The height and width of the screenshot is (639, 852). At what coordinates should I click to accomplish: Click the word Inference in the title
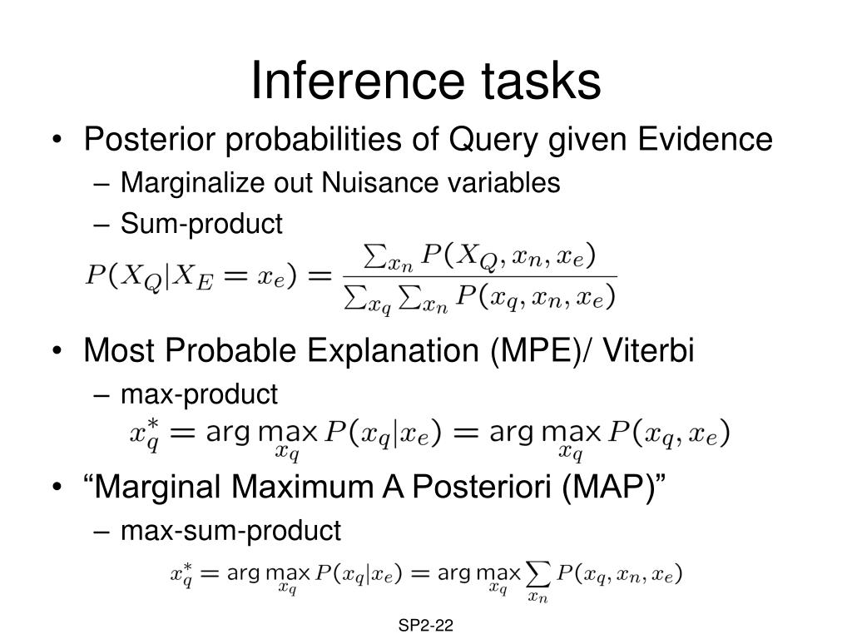(x=358, y=81)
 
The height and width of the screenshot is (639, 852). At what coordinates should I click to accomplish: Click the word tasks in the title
(x=541, y=81)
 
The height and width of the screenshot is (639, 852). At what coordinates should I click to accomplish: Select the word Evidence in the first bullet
(x=705, y=139)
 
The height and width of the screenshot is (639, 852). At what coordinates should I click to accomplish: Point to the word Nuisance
(x=379, y=182)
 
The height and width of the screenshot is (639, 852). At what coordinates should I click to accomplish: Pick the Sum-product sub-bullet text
(x=201, y=224)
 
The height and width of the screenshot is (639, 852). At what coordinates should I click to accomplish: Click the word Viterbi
(x=648, y=349)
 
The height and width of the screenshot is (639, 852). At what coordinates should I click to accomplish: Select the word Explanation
(x=393, y=350)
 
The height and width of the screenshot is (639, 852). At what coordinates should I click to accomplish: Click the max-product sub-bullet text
(x=199, y=394)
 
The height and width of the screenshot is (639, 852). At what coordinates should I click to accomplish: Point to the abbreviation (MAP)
(x=608, y=487)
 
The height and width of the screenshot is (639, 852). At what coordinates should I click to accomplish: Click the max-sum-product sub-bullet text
(x=231, y=531)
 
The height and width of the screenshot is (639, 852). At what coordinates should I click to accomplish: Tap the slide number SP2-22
(x=425, y=626)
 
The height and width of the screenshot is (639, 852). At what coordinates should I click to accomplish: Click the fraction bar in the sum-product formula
(x=480, y=277)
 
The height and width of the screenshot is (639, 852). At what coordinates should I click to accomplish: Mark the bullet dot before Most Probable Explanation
(x=57, y=351)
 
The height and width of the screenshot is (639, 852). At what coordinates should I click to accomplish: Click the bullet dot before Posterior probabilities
(x=57, y=140)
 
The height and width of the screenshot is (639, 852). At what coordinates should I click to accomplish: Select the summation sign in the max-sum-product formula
(x=538, y=574)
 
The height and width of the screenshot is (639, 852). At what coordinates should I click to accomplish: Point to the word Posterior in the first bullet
(x=150, y=139)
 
